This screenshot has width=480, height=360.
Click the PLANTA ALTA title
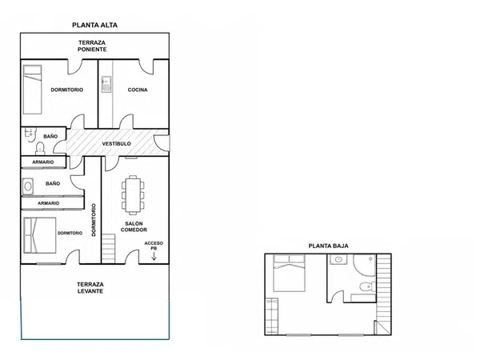(x=94, y=25)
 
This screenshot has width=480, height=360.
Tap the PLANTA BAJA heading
(x=328, y=246)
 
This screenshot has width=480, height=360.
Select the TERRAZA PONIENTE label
(x=92, y=46)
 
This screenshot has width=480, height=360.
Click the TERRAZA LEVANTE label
(x=90, y=288)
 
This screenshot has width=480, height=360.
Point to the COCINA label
(x=138, y=90)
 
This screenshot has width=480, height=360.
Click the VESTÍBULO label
(x=116, y=143)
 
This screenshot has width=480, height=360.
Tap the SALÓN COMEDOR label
(x=134, y=227)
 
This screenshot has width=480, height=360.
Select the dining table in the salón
(x=133, y=195)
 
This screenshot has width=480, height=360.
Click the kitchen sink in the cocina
(x=106, y=84)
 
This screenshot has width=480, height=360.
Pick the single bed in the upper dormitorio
(x=33, y=90)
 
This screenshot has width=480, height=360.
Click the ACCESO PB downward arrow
(x=154, y=256)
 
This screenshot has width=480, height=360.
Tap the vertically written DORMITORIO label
(x=94, y=220)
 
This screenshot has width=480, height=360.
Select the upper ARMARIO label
(x=43, y=162)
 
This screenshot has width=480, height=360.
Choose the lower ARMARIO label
(x=48, y=203)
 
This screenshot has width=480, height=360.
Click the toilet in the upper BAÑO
(x=40, y=149)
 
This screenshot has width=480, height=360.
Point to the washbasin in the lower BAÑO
(x=28, y=186)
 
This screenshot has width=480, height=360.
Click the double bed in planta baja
(x=289, y=273)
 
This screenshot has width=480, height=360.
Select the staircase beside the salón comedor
(x=108, y=249)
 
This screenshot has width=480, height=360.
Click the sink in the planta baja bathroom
(x=338, y=259)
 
